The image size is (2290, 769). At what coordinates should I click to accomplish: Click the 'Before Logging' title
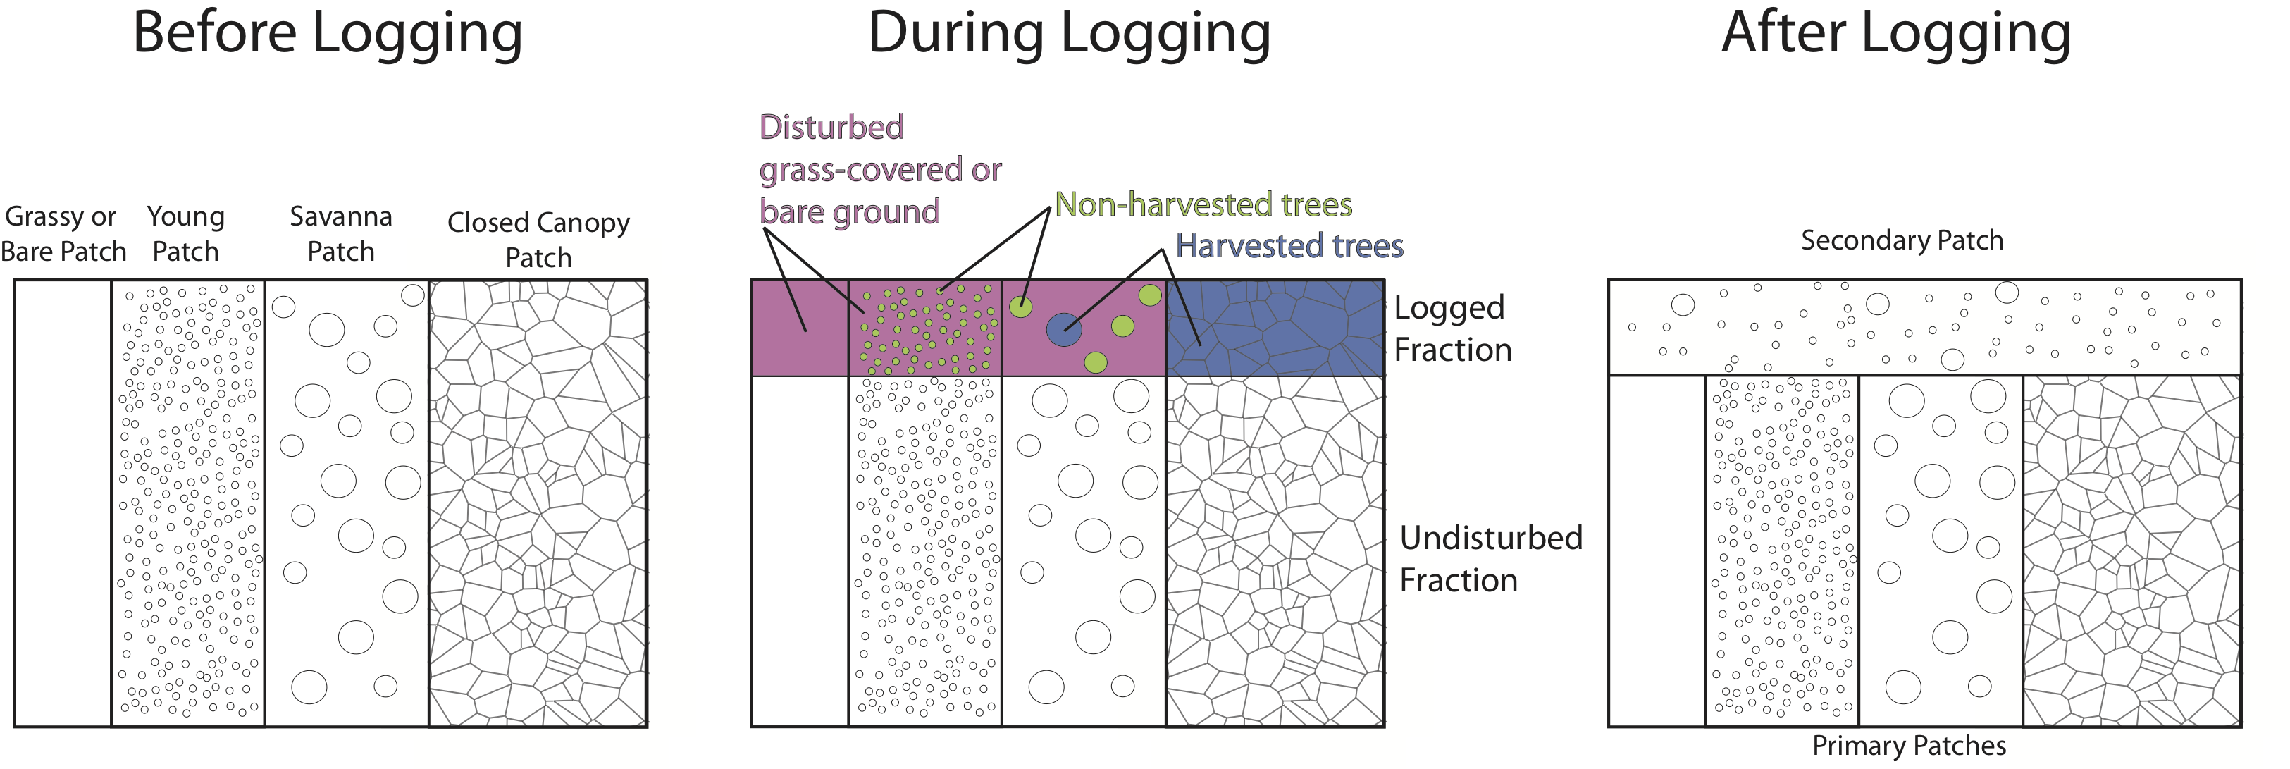click(327, 34)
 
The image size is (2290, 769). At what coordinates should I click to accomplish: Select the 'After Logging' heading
click(1895, 34)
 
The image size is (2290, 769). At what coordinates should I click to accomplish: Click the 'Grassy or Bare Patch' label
click(62, 234)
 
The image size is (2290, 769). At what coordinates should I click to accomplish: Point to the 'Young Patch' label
click(186, 234)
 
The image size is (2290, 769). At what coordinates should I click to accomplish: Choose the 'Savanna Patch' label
click(340, 234)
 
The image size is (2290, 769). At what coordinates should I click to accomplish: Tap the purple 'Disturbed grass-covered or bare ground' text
click(879, 170)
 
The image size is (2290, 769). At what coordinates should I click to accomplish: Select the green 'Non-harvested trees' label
click(1203, 205)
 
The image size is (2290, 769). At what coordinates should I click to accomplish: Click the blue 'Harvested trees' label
click(1289, 246)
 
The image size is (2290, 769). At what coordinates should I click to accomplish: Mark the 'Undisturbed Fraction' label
click(1490, 558)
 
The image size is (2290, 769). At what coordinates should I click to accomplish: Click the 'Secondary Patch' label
click(1902, 240)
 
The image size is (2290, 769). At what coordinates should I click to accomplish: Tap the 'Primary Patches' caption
click(1909, 745)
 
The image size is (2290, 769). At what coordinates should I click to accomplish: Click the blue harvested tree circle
click(1064, 330)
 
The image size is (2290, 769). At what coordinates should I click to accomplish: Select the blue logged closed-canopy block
click(1275, 328)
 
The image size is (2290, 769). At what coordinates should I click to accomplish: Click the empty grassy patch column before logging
click(62, 503)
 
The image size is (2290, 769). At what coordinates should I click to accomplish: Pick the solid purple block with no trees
click(799, 328)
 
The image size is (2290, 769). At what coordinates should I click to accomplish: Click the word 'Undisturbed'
click(1491, 538)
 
